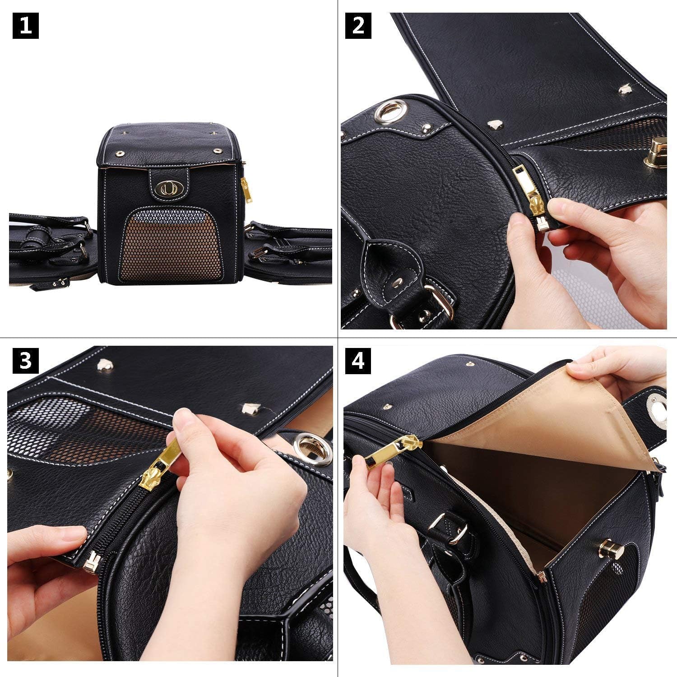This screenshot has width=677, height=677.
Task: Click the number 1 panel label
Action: point(25,26)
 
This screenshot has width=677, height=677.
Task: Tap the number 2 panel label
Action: point(358,26)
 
